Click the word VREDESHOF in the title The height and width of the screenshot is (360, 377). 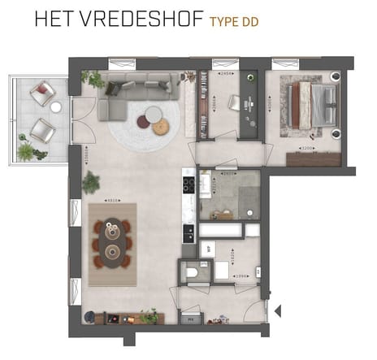coord(143,20)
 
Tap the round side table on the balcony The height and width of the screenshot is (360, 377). coord(55,106)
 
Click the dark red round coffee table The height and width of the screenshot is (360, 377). coord(144,121)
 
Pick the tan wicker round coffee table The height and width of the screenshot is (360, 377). coord(160,126)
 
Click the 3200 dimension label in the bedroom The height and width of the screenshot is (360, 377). coord(307,149)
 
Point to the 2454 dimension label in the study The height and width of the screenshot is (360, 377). coord(227,74)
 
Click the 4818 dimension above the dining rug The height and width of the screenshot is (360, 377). coord(114,198)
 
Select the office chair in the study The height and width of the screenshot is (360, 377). coord(235,102)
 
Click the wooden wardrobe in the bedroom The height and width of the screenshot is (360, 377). coord(314,159)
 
